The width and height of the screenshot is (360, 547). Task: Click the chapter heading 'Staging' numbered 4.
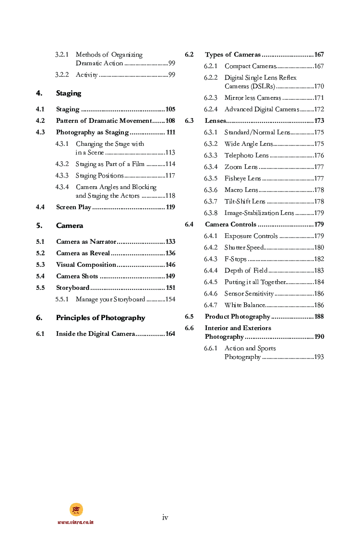coord(68,93)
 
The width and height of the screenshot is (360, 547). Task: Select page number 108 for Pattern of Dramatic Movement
coord(170,121)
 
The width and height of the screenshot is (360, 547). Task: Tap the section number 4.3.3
coord(61,176)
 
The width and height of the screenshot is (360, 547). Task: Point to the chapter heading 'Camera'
coord(69,226)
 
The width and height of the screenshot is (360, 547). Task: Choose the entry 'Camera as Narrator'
coord(86,242)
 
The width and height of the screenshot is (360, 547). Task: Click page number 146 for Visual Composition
coord(170,265)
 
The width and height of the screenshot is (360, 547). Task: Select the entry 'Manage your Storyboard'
coord(110,299)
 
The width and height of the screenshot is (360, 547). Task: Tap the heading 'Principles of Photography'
coord(100,318)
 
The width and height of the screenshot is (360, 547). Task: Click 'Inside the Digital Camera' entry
coord(95,334)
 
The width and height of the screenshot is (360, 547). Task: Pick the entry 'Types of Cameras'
coord(233,55)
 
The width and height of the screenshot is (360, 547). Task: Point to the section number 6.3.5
coord(210,178)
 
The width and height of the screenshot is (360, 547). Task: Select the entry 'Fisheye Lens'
coord(242,178)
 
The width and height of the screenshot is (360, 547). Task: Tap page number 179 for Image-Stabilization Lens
coord(319,213)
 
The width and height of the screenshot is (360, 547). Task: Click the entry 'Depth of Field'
coord(246,271)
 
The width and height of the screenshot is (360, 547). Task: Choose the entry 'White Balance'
coord(244,305)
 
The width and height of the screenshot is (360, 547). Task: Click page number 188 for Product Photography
coord(319,317)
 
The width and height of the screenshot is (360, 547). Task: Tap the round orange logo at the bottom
coord(76,510)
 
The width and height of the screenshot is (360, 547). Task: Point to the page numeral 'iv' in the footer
coord(165,517)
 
